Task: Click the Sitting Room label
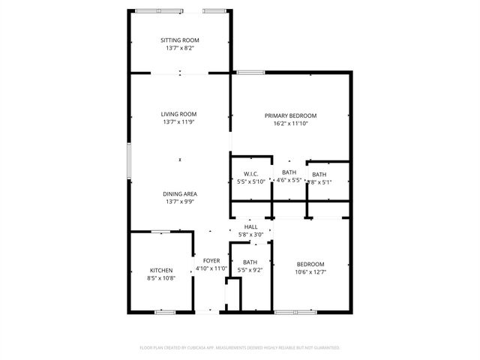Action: point(180,40)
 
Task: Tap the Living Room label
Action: point(180,114)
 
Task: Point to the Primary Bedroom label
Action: point(290,115)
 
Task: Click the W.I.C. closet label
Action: point(250,173)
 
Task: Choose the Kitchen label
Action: point(161,271)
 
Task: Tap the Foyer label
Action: point(211,260)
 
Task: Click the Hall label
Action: point(250,226)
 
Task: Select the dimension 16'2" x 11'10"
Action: point(290,124)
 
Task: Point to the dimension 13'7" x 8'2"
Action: point(180,48)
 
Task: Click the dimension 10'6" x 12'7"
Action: point(310,272)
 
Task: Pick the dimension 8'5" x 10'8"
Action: point(161,279)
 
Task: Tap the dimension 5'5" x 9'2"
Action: point(250,271)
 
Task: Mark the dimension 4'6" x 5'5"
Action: point(289,181)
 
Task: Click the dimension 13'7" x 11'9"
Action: point(180,122)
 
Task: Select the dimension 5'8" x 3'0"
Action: point(250,234)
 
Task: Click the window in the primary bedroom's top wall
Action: point(250,72)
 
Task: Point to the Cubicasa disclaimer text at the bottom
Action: point(240,348)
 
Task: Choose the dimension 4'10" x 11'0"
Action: point(211,268)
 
